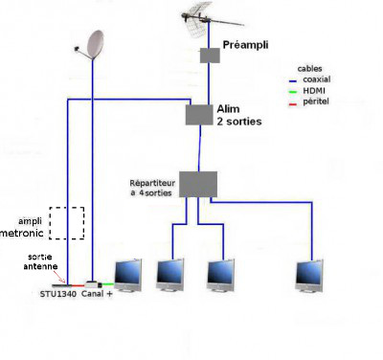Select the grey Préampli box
[210, 56]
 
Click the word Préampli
[245, 45]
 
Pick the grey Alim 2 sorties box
[199, 115]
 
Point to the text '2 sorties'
[239, 122]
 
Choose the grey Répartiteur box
[198, 184]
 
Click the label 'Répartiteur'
[152, 183]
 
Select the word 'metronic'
[22, 233]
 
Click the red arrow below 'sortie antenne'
[59, 277]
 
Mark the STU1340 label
[58, 294]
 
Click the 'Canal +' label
[97, 294]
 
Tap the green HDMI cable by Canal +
[108, 284]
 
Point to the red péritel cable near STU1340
[79, 285]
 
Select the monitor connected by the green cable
[128, 276]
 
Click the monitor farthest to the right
[309, 276]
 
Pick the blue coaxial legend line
[293, 80]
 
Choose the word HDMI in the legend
[314, 91]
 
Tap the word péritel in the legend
[316, 102]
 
